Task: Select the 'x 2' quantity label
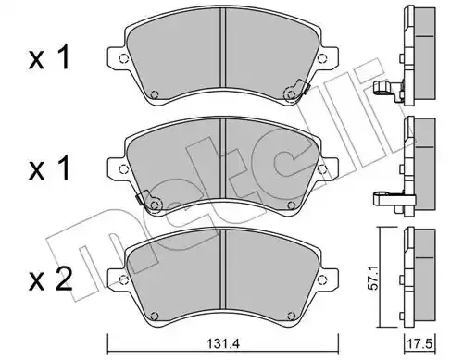click(x=50, y=279)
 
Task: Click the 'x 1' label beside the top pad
click(x=49, y=57)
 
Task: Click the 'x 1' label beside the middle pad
click(x=49, y=168)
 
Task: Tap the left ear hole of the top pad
click(x=123, y=58)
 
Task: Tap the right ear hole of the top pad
click(x=321, y=58)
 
